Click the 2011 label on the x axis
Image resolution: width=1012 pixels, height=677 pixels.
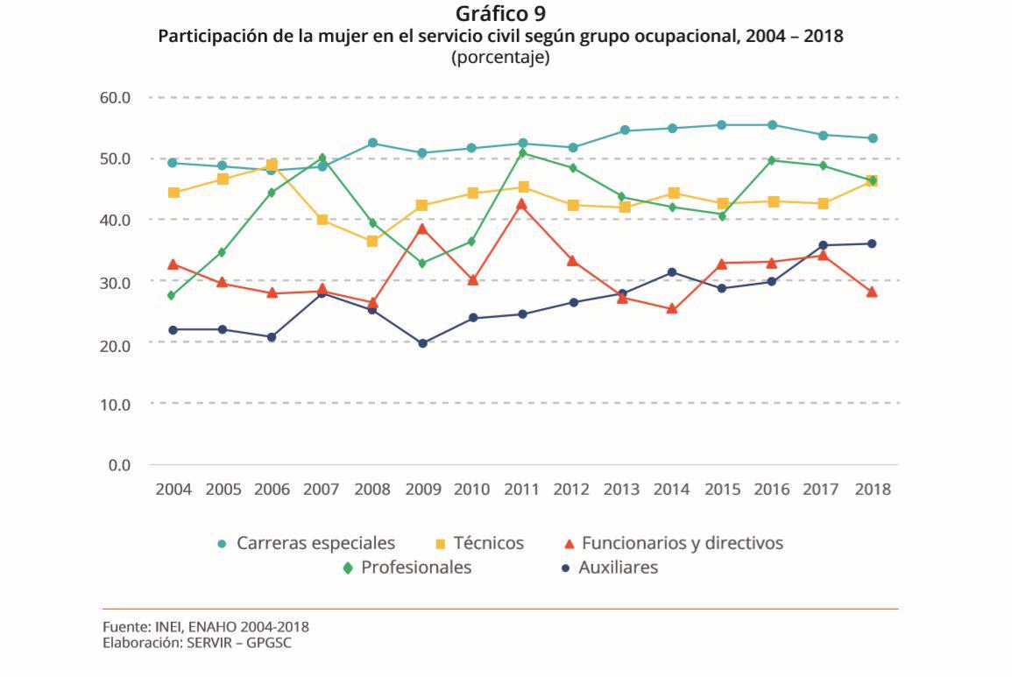[x=521, y=490]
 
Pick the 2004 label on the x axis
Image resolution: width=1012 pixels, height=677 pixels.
[x=173, y=490]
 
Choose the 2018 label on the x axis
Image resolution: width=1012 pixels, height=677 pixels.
[x=872, y=490]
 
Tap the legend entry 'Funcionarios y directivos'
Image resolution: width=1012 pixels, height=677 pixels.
[x=682, y=543]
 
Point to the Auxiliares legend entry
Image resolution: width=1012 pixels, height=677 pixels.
[x=618, y=568]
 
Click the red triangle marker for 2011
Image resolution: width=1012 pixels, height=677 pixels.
[x=522, y=204]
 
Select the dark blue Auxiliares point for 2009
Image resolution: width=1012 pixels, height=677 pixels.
[x=422, y=343]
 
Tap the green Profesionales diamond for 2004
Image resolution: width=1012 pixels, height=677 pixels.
[x=173, y=296]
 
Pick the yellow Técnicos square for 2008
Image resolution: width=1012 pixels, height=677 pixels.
[x=372, y=241]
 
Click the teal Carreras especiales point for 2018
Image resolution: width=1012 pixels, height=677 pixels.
[x=873, y=138]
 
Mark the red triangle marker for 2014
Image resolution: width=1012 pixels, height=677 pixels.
[x=672, y=308]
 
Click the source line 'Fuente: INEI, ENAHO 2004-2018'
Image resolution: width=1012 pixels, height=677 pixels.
[x=205, y=627]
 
